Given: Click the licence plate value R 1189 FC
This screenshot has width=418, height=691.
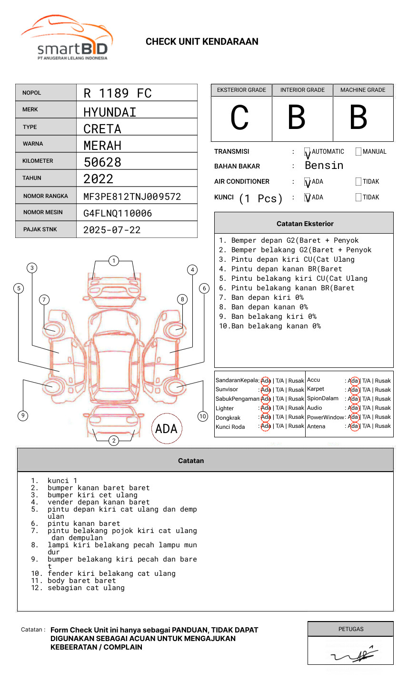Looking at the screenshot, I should click(x=117, y=93).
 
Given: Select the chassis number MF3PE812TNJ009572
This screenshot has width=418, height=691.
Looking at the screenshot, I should click(x=132, y=197).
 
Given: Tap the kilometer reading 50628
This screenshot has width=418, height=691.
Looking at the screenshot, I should click(x=102, y=162).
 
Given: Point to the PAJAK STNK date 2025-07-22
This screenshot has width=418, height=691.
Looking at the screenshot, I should click(x=112, y=230).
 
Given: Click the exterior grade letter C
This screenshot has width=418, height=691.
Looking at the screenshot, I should click(x=240, y=118).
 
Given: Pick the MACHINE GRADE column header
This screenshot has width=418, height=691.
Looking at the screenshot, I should click(x=363, y=90).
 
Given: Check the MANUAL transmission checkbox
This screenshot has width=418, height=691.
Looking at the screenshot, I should click(x=358, y=152).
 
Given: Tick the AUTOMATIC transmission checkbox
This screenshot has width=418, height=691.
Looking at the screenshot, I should click(x=308, y=152).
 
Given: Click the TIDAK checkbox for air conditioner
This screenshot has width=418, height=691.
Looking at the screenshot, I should click(x=358, y=182).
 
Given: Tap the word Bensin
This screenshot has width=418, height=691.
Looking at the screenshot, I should click(x=324, y=166).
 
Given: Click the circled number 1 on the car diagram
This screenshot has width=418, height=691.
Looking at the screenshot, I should click(x=113, y=261).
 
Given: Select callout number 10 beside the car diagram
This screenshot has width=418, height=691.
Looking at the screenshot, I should click(x=203, y=416).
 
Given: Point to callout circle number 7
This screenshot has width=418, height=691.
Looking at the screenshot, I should click(x=44, y=299).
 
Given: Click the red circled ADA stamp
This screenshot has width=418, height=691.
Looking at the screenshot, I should click(x=166, y=428).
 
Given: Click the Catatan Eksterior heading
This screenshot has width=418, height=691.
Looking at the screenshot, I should click(x=305, y=224).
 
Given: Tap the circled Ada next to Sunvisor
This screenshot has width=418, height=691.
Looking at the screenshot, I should click(x=266, y=390).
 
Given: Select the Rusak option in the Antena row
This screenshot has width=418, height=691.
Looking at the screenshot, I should click(x=383, y=426).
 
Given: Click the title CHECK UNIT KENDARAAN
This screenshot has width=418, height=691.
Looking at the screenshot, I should click(x=202, y=42).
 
